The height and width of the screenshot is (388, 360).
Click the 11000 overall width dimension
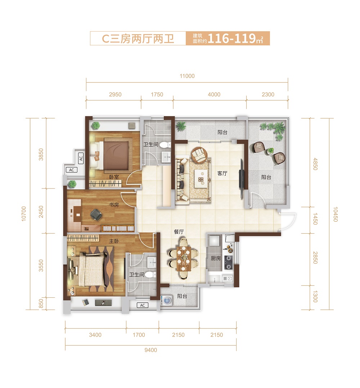pos(187,76)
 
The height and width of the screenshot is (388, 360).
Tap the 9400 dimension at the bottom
pos(151,350)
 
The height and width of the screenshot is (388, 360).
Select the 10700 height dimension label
pos(24,213)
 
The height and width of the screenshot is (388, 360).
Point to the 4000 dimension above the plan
pos(214,94)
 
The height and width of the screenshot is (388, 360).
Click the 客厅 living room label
pos(222,173)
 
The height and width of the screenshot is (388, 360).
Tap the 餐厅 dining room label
pos(179,232)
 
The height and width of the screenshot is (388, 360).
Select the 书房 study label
pos(114,205)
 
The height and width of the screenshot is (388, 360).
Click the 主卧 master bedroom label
pos(114,241)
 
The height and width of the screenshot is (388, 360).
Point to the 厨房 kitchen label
pos(216,258)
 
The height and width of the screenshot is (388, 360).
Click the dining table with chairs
pos(183,258)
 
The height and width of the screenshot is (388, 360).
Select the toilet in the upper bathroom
pos(165,145)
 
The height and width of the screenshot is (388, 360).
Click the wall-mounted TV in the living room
pos(242,179)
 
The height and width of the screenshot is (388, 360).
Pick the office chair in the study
pos(96,214)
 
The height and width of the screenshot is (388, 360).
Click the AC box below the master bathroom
pos(143,305)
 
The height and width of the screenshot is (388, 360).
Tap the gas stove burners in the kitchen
pos(228,262)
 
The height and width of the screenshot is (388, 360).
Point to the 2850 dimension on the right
pos(315,258)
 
